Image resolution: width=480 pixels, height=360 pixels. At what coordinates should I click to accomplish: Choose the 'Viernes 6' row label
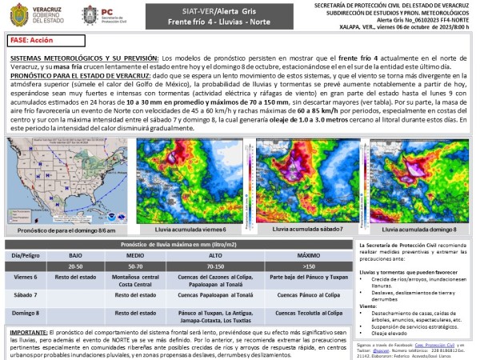pos(26,277)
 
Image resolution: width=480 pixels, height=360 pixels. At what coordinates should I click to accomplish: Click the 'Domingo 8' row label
pos(26,314)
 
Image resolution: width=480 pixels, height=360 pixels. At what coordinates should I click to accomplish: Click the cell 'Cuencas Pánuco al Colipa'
pos(304,295)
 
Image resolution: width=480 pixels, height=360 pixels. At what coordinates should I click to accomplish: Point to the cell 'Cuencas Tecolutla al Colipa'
pos(304,314)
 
